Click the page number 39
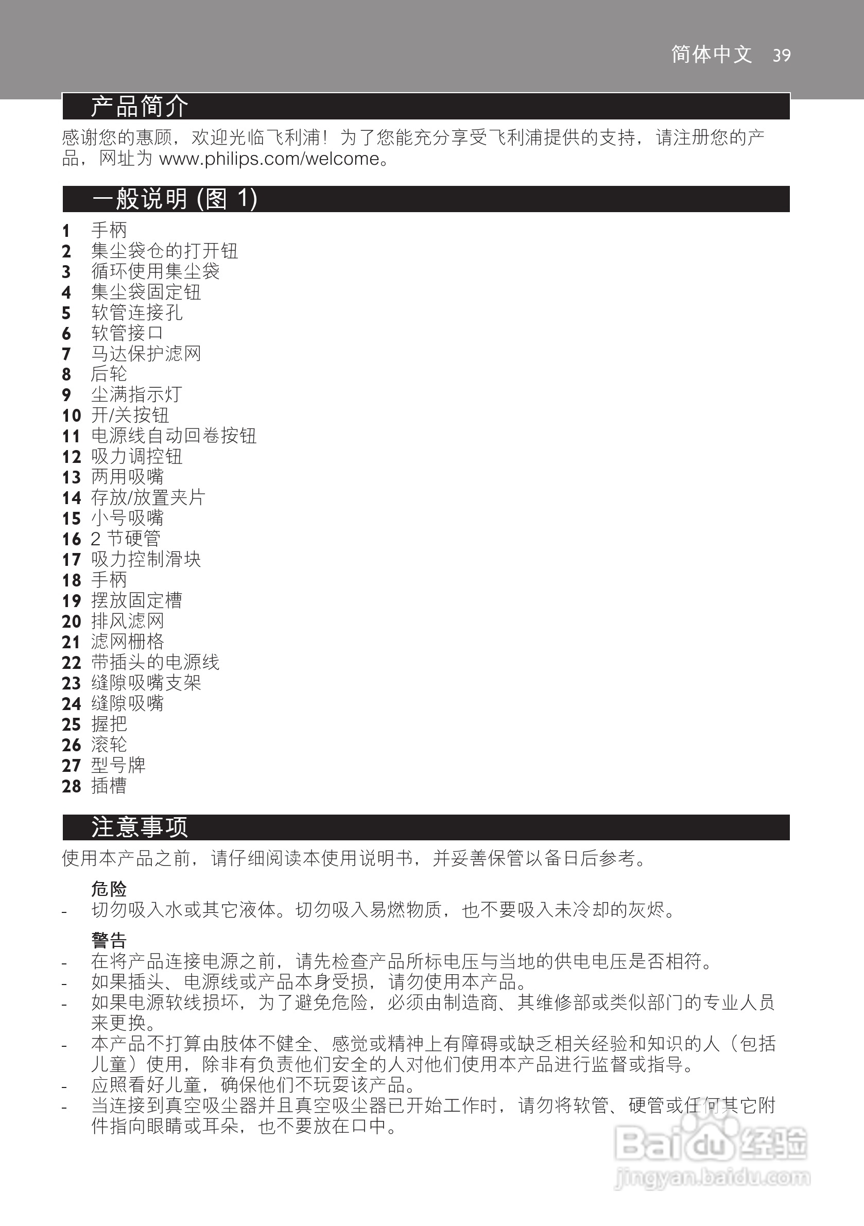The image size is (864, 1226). point(781,55)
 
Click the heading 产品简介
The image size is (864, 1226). point(140,106)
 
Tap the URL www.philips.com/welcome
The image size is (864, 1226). point(269,159)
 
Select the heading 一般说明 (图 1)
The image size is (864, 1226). point(175,199)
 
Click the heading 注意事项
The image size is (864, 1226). point(140,827)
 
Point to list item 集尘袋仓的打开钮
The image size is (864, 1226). point(164,250)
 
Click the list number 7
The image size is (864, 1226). point(66,354)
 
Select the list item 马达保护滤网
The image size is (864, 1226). point(146,354)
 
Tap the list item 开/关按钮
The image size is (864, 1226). point(130,415)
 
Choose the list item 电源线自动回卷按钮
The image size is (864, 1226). point(174,436)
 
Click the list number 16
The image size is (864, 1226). point(71,539)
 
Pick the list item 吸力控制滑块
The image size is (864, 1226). point(146,559)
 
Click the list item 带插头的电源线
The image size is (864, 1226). point(155,662)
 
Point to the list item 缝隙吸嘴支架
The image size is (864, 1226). point(146,683)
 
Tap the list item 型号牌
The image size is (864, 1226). point(118,765)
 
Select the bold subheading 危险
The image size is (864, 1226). point(109,889)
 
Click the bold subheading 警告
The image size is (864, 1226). point(109,940)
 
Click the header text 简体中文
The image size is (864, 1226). point(711,55)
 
